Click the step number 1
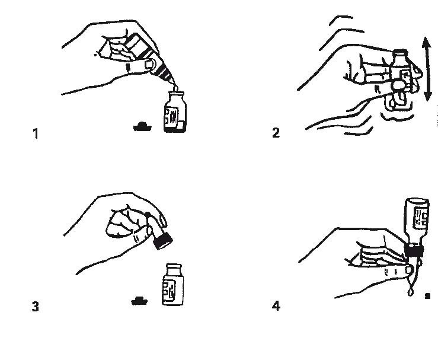[x=36, y=133]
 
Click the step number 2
[x=276, y=133]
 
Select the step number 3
[x=36, y=307]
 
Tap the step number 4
[x=276, y=306]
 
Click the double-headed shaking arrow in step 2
[x=427, y=69]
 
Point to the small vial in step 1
[x=175, y=112]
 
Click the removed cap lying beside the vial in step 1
[x=142, y=127]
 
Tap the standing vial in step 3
[x=173, y=284]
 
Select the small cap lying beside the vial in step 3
[x=139, y=301]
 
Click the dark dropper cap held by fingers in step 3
[x=162, y=241]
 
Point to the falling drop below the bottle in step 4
[x=411, y=292]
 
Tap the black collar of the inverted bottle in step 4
[x=414, y=250]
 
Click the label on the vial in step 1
[x=172, y=116]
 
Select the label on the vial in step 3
[x=170, y=290]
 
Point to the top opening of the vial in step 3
[x=174, y=265]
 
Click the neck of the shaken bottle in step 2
[x=400, y=58]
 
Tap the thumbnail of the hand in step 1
[x=149, y=65]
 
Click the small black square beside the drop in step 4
[x=427, y=296]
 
